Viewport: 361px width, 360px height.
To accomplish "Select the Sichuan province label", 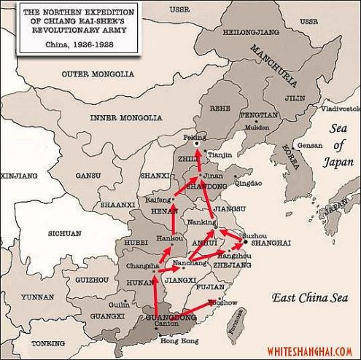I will [x=64, y=233].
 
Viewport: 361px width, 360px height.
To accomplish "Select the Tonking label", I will [x=48, y=343].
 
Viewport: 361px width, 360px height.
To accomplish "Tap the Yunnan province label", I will [x=36, y=297].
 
